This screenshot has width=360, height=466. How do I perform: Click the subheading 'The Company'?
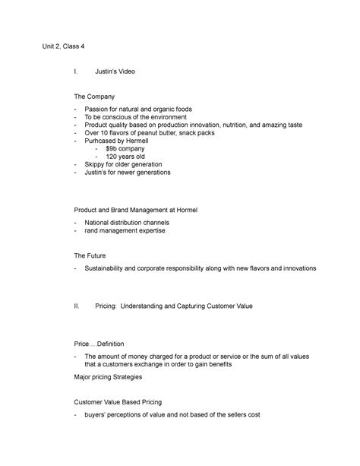93,97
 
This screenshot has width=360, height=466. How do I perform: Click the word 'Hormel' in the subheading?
190,208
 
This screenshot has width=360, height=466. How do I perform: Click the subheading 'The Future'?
90,255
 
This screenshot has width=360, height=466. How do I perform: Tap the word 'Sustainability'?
111,270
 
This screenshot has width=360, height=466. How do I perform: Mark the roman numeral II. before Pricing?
76,306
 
